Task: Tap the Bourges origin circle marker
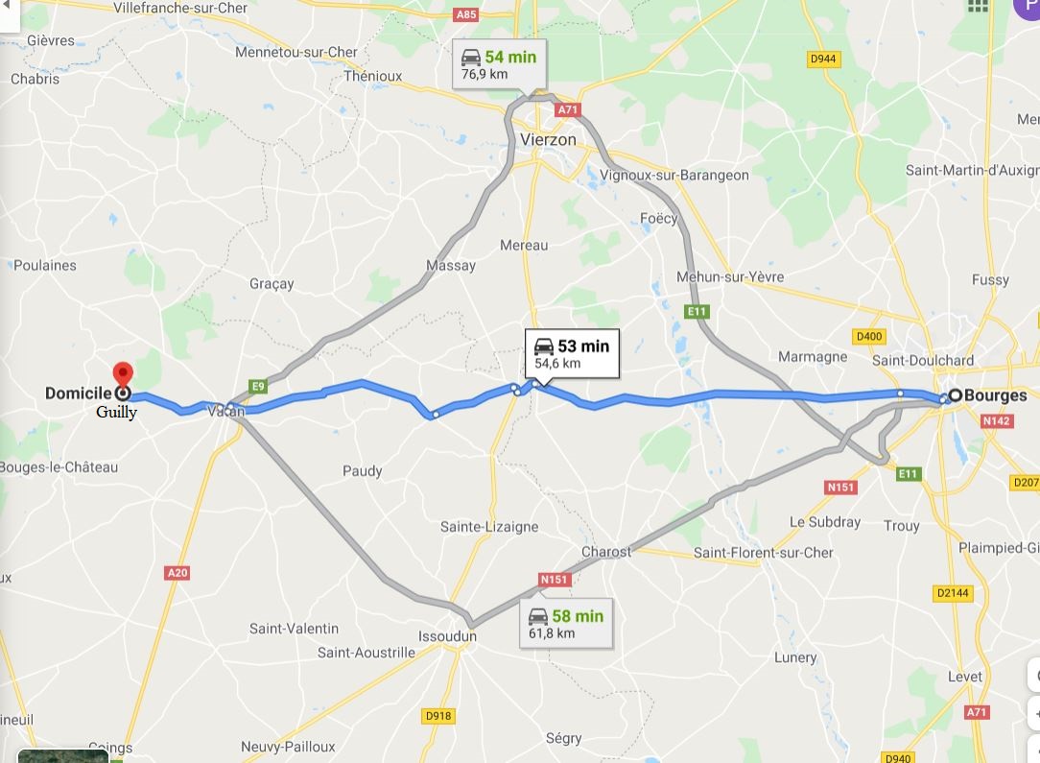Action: click(x=956, y=395)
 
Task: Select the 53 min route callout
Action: click(x=572, y=353)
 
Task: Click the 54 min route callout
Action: click(x=499, y=64)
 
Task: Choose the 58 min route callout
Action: click(x=567, y=623)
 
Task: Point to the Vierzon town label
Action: click(x=548, y=139)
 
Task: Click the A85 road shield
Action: click(x=466, y=14)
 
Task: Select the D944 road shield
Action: click(x=823, y=59)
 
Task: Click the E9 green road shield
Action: click(x=257, y=386)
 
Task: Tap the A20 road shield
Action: click(x=177, y=573)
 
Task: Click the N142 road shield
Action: click(x=998, y=420)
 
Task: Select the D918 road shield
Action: click(x=437, y=716)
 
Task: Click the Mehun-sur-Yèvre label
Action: click(x=730, y=277)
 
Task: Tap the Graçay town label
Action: click(x=272, y=284)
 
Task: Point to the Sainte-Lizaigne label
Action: click(x=489, y=527)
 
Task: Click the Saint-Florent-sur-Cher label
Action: click(x=764, y=553)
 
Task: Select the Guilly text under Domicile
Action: click(x=116, y=413)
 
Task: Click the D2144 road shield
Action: click(x=953, y=593)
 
